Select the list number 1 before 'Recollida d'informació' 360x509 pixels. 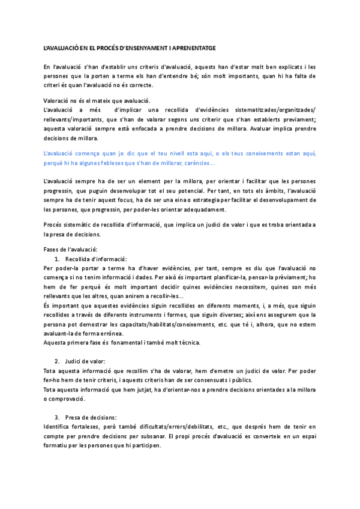(x=56, y=258)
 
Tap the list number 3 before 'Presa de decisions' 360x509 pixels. (x=56, y=417)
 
